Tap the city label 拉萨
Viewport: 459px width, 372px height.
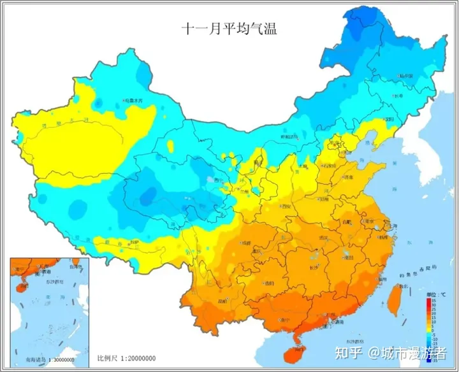click(x=133, y=243)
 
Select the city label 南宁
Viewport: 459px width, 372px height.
click(x=282, y=320)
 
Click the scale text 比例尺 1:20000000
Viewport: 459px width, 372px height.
click(x=127, y=359)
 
